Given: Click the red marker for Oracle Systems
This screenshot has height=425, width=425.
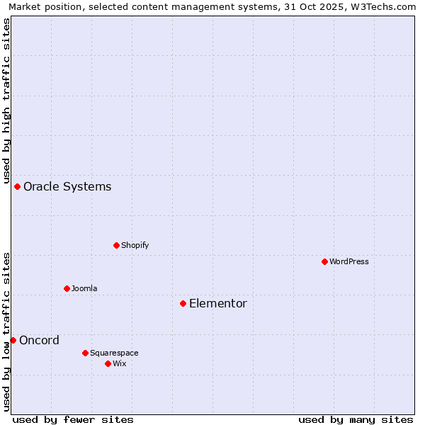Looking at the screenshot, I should (18, 186).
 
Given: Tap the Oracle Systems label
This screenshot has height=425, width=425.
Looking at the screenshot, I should (67, 187).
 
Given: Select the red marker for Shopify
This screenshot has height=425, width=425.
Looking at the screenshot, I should (116, 245).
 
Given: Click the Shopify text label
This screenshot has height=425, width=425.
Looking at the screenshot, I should (135, 246).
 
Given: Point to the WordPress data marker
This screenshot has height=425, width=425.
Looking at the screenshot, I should (324, 261).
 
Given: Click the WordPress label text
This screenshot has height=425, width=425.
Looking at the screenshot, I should (349, 262).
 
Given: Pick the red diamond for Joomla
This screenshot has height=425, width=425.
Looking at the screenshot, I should (67, 288).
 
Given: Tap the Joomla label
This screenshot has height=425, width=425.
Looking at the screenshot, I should (84, 289).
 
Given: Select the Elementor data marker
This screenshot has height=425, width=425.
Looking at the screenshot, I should (183, 303).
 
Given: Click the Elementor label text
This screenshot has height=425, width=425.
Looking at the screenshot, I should (218, 304).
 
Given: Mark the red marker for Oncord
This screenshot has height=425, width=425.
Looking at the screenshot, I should (13, 340).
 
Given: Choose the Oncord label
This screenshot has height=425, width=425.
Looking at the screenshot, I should (40, 341).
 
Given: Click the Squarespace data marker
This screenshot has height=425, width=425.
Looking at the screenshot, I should (85, 353).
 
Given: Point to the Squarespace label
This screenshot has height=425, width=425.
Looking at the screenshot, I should (114, 353).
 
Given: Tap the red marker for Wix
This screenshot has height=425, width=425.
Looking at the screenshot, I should (108, 363).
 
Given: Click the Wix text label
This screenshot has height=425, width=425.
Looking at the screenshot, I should (120, 364).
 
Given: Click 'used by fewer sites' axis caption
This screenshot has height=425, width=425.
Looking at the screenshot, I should (73, 419).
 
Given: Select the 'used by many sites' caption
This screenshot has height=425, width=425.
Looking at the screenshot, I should (356, 419).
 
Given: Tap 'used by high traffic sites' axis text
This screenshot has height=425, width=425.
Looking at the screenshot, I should (7, 99).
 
